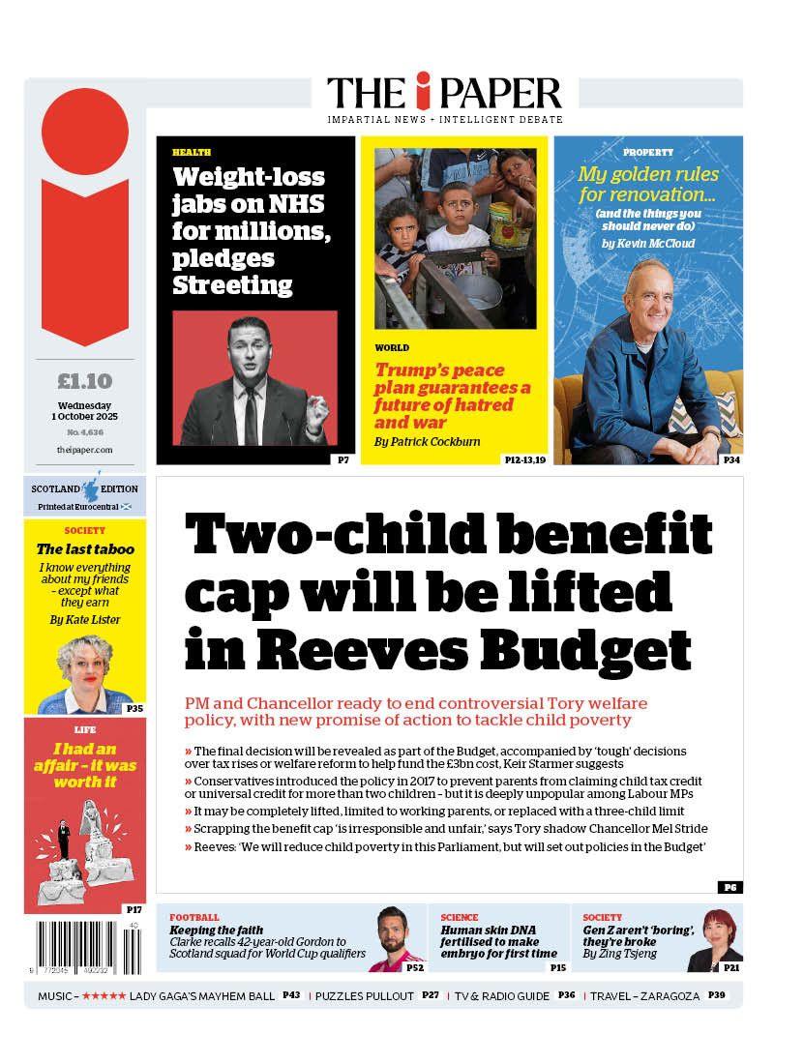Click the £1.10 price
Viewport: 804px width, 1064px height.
84,380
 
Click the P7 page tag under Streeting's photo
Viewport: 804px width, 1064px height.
343,459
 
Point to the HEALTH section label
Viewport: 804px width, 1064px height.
191,153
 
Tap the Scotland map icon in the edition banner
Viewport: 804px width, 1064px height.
94,487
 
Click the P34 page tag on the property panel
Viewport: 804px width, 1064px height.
732,459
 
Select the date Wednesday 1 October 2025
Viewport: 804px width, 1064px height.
84,410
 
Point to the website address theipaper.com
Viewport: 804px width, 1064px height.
84,450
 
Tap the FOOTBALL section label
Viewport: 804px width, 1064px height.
194,917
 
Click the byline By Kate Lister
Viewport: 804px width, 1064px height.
85,619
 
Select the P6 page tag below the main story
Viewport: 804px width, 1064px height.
730,887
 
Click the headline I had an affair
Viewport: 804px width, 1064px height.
85,764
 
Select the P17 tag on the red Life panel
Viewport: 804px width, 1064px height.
134,909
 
